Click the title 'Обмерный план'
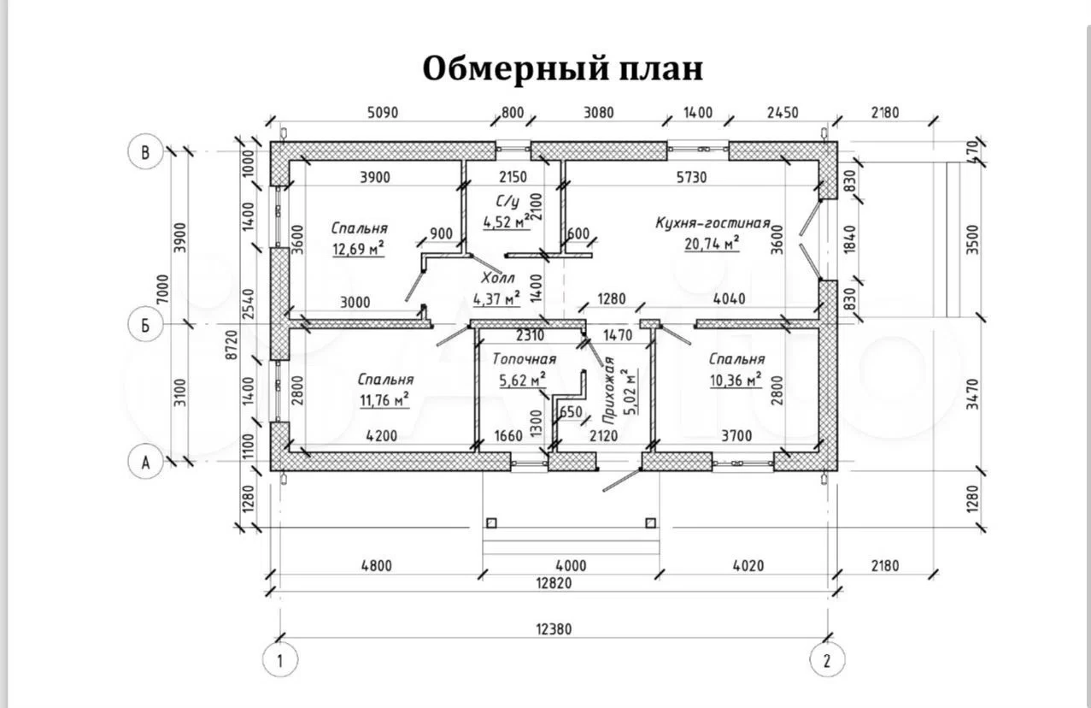562,69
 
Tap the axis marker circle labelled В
145,153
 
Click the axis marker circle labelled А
145,463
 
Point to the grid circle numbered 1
278,659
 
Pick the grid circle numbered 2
826,659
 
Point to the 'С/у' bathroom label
507,202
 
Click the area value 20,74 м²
711,244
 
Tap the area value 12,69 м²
357,249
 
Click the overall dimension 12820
553,583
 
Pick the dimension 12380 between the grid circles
553,628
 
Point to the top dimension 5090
382,112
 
